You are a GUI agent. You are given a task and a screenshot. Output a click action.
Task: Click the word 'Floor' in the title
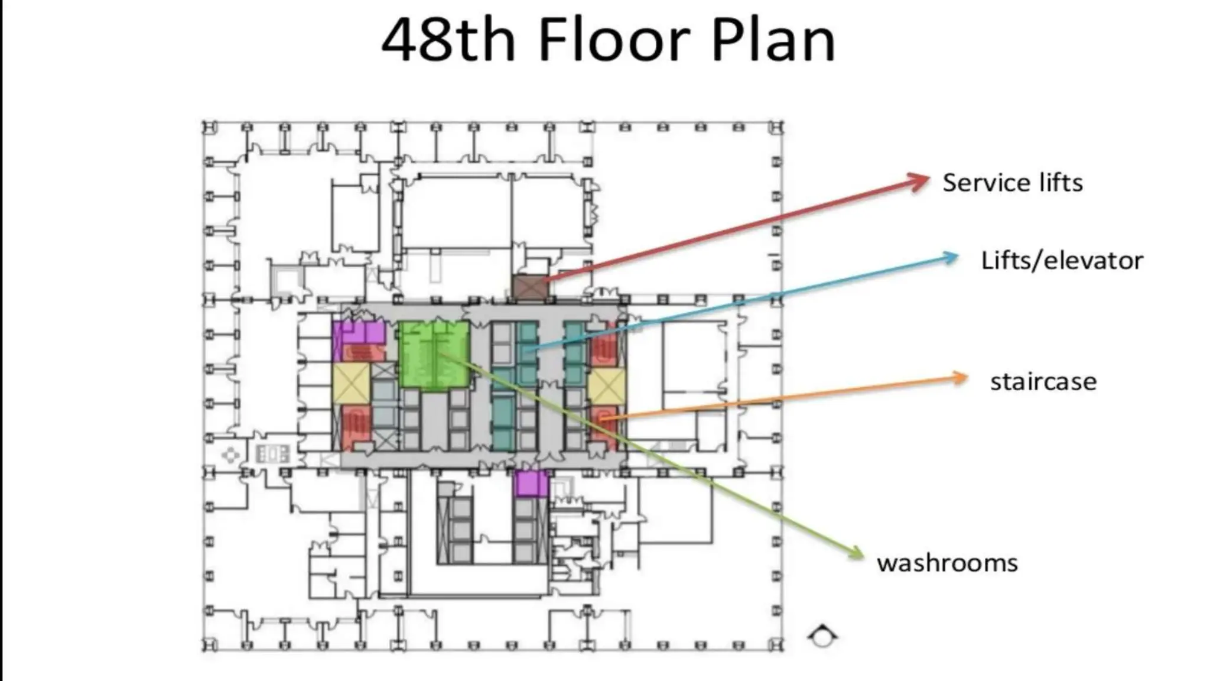pyautogui.click(x=614, y=40)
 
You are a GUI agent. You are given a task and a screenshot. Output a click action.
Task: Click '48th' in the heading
pyautogui.click(x=449, y=40)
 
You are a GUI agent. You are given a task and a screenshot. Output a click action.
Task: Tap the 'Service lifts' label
pyautogui.click(x=1012, y=182)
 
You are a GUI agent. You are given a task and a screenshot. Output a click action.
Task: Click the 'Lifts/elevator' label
pyautogui.click(x=1062, y=261)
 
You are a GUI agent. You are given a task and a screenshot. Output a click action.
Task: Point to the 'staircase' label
pyautogui.click(x=1043, y=381)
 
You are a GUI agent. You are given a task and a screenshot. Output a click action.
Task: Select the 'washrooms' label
pyautogui.click(x=947, y=563)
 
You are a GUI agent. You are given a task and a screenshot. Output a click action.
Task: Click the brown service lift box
pyautogui.click(x=530, y=287)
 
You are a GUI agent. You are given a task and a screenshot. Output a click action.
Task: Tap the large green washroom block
pyautogui.click(x=434, y=355)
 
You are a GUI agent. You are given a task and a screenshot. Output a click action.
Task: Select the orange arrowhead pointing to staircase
pyautogui.click(x=960, y=378)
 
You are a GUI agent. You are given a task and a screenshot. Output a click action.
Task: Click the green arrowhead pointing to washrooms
pyautogui.click(x=856, y=552)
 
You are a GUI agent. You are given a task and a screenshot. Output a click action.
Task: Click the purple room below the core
pyautogui.click(x=531, y=484)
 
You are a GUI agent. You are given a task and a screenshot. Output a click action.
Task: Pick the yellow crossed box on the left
pyautogui.click(x=351, y=383)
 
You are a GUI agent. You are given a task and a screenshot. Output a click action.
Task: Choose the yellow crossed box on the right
pyautogui.click(x=606, y=386)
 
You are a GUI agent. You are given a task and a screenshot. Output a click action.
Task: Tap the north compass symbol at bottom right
pyautogui.click(x=822, y=637)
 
